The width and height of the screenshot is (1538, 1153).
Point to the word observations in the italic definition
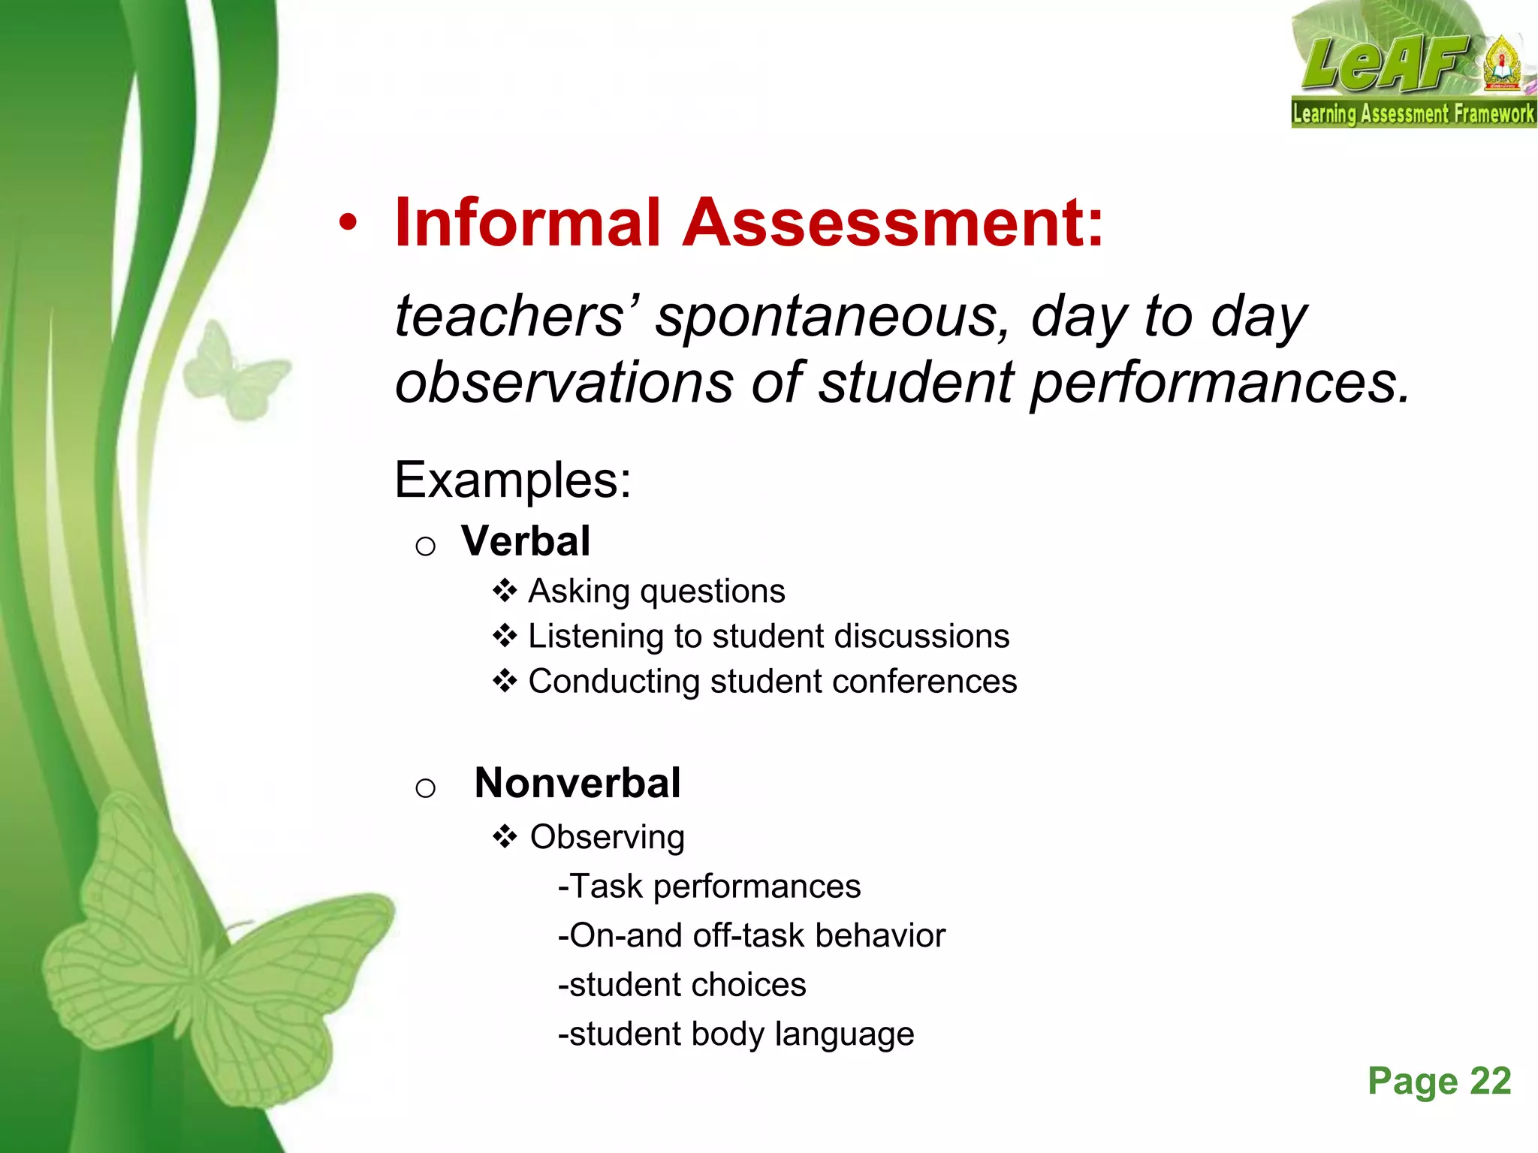pos(563,383)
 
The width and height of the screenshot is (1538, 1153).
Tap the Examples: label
pos(513,480)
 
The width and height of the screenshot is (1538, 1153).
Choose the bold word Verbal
pos(526,541)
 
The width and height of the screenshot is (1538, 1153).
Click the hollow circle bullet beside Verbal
pos(425,546)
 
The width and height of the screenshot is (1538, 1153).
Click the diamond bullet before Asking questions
pos(505,592)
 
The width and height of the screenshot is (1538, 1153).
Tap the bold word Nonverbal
pos(578,784)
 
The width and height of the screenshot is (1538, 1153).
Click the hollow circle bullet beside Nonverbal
pos(425,787)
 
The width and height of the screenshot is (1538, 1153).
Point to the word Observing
pos(607,837)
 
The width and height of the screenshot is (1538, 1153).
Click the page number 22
pos(1490,1082)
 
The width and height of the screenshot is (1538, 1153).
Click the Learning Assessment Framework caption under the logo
pos(1413,114)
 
